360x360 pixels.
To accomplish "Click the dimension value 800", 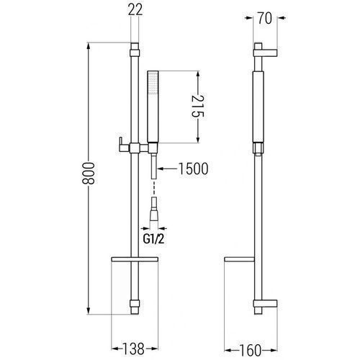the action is click(89, 174).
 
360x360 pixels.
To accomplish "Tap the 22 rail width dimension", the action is click(135, 9).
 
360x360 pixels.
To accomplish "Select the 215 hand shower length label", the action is click(198, 106).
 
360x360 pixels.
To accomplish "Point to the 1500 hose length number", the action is click(194, 168).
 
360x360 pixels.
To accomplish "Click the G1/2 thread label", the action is click(154, 239).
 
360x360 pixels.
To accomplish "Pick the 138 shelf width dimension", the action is click(133, 348).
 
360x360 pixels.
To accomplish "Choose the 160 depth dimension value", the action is click(250, 351).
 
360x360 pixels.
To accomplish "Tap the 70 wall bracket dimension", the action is click(265, 18).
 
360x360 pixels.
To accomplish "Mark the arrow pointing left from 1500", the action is click(167, 168).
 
